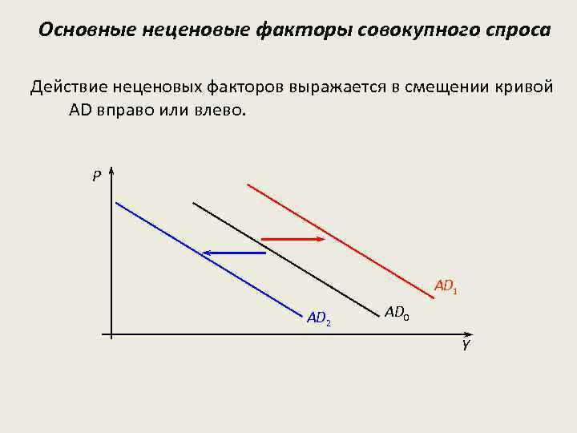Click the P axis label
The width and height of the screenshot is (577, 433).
96,176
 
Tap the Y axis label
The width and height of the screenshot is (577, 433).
465,346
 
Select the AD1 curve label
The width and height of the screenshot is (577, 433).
446,286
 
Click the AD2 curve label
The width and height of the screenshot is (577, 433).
319,318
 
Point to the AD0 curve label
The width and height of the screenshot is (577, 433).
397,313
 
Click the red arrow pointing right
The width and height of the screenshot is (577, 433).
293,239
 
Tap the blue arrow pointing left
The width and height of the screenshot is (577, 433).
233,253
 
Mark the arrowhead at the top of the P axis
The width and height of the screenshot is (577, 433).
111,172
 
